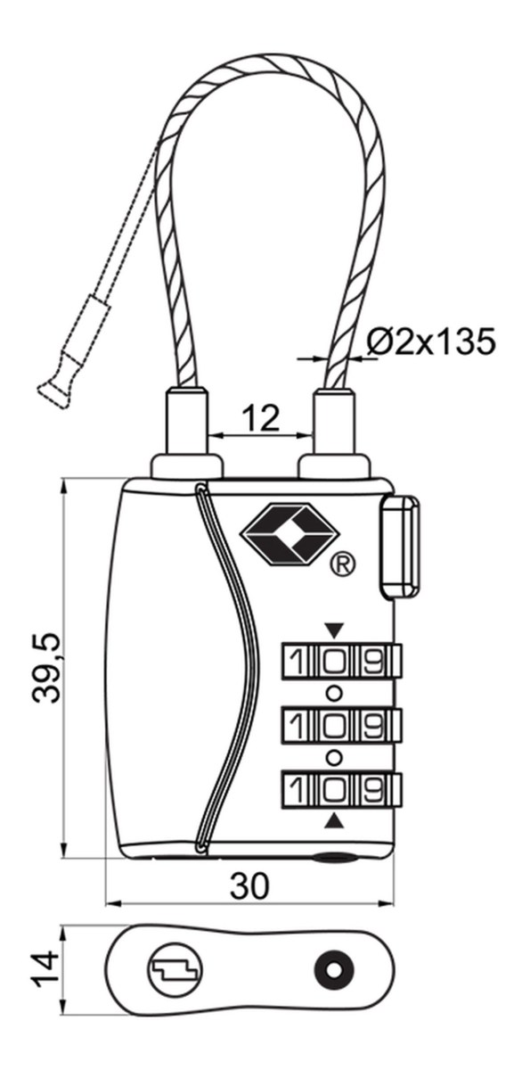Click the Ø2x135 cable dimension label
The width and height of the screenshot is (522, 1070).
pyautogui.click(x=431, y=341)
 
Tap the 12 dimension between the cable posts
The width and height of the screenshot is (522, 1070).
pyautogui.click(x=260, y=417)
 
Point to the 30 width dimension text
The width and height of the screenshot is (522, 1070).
pyautogui.click(x=249, y=885)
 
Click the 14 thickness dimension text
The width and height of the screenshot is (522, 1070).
pyautogui.click(x=45, y=968)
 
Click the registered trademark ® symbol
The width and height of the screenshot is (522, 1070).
pyautogui.click(x=343, y=565)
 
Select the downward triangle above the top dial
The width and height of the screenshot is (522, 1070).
pyautogui.click(x=334, y=630)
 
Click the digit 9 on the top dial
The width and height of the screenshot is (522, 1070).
pyautogui.click(x=371, y=661)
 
